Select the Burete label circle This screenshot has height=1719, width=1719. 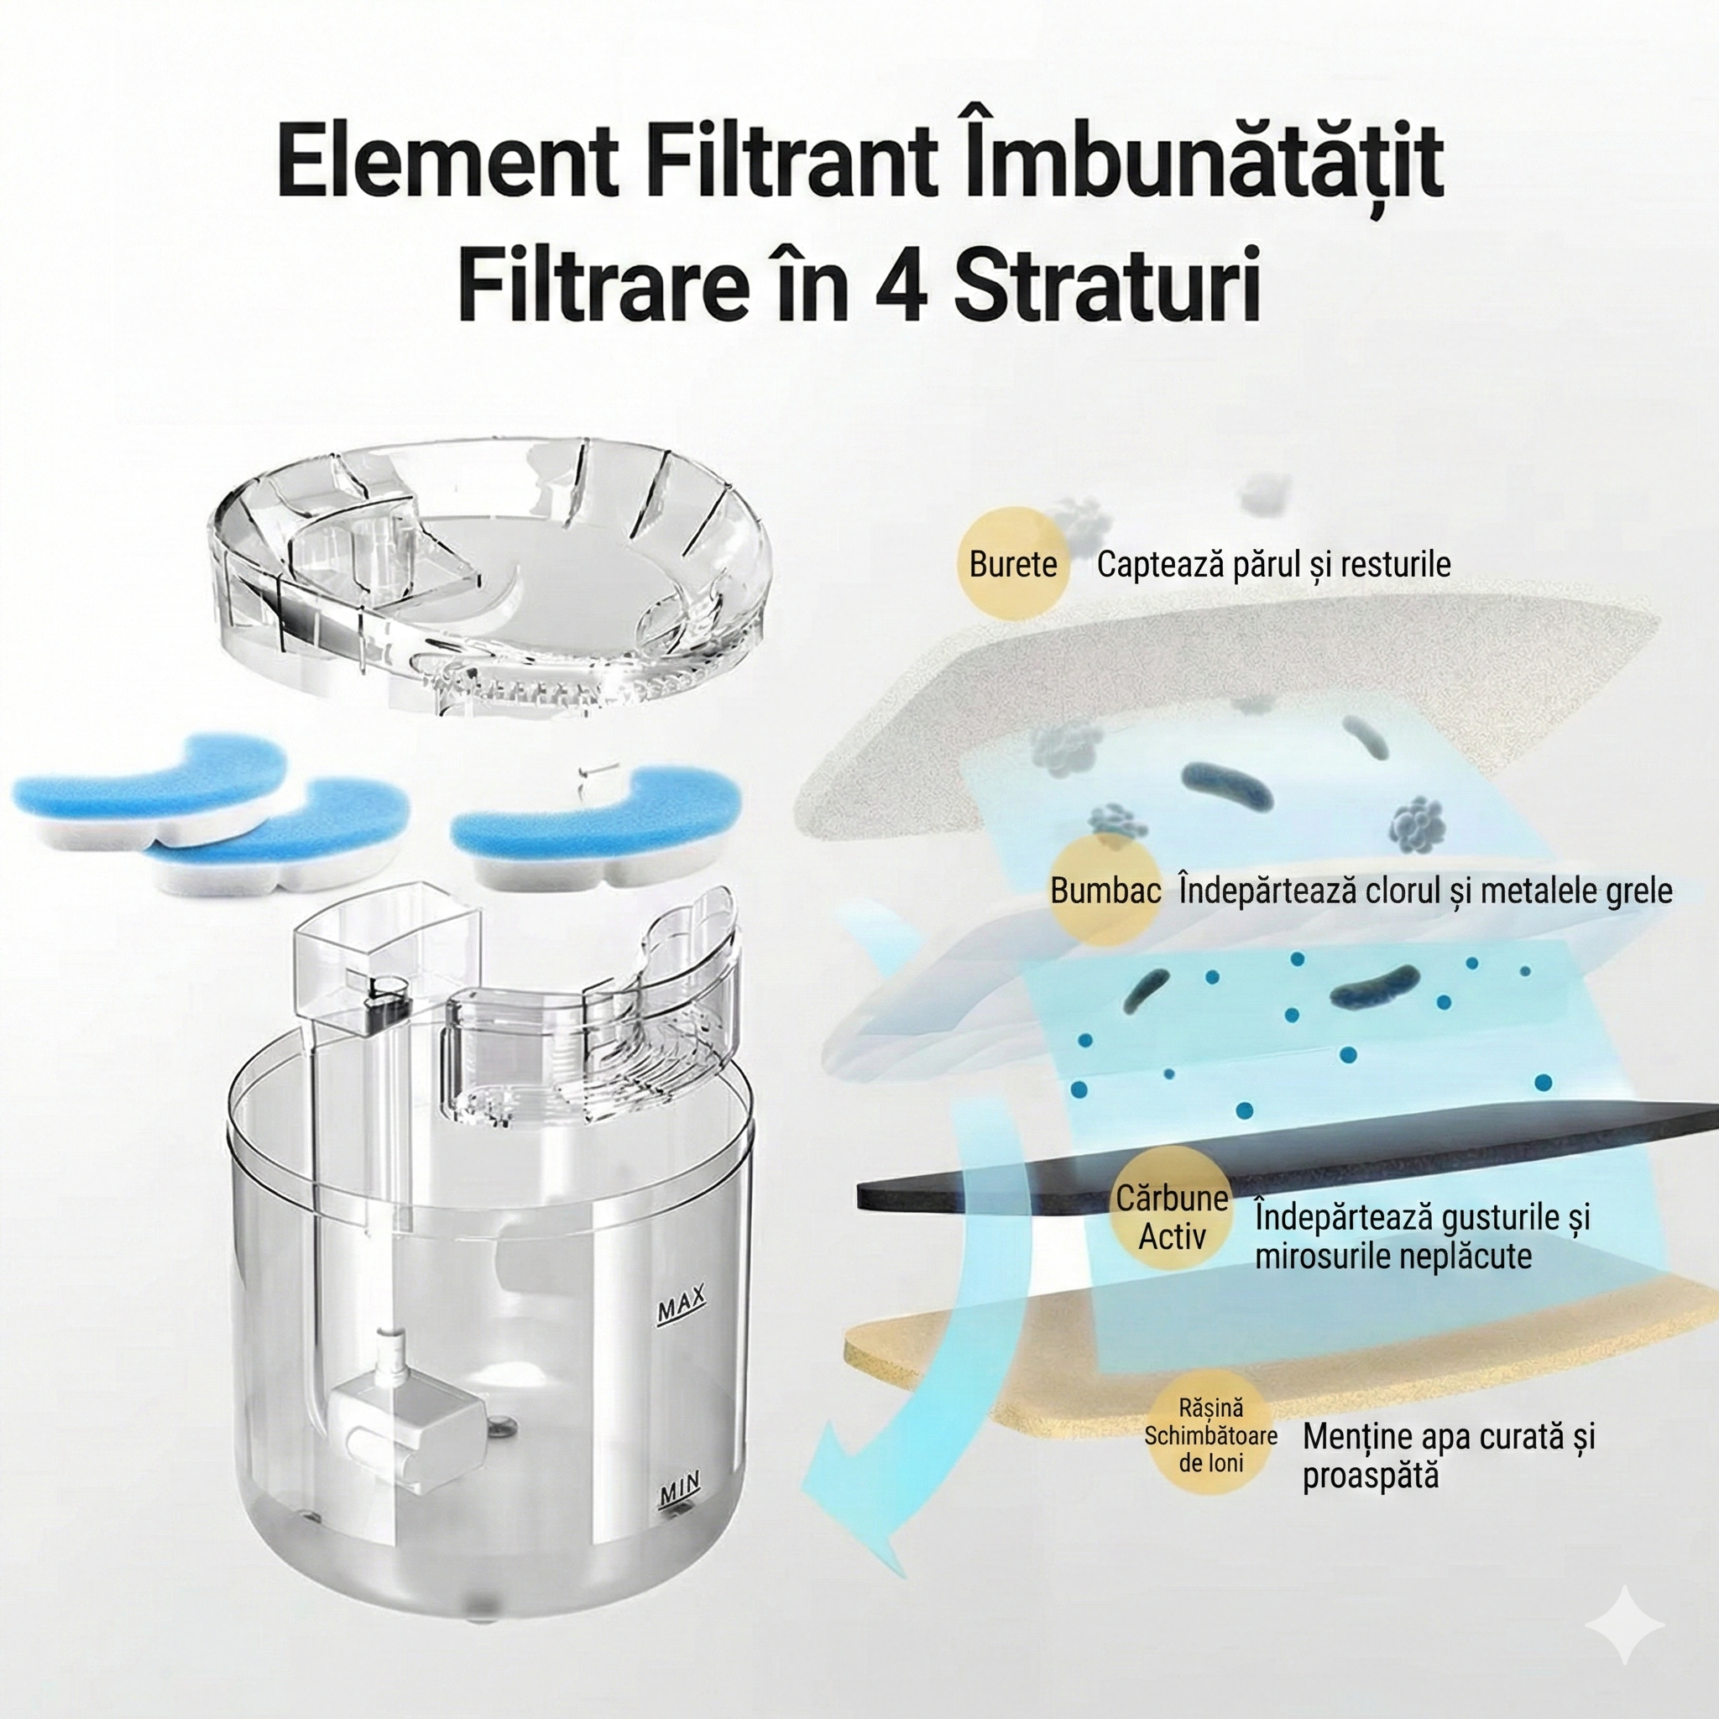(x=1012, y=564)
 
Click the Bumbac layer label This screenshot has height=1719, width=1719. (x=1105, y=891)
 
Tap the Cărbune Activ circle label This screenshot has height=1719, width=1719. (x=1171, y=1217)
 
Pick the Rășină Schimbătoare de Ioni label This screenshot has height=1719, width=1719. (x=1210, y=1436)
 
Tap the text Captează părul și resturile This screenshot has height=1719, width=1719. (x=1273, y=564)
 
